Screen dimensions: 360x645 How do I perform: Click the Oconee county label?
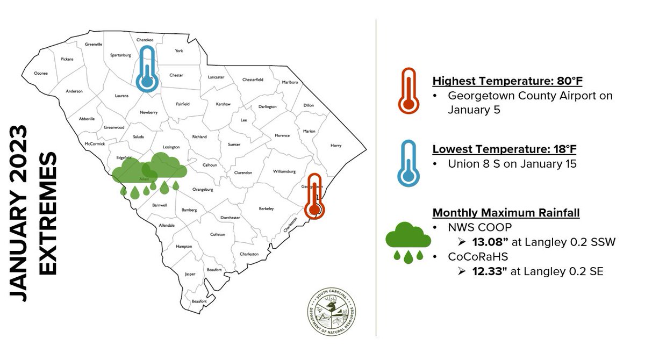(x=41, y=73)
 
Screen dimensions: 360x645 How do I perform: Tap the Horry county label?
(x=335, y=146)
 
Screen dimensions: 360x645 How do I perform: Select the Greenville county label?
(x=93, y=45)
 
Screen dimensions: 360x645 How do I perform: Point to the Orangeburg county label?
(x=203, y=189)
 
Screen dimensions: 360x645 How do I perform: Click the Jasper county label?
(x=190, y=273)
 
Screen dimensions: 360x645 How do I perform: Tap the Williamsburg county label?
(x=284, y=171)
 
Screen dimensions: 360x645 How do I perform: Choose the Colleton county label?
(x=218, y=234)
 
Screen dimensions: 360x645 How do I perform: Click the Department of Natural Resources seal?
(x=331, y=313)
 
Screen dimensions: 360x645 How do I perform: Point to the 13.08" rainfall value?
(x=488, y=242)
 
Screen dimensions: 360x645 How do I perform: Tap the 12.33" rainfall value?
(x=488, y=272)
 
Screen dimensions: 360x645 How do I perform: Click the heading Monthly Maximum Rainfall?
(x=506, y=213)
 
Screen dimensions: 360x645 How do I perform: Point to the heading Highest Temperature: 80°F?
(x=507, y=81)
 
